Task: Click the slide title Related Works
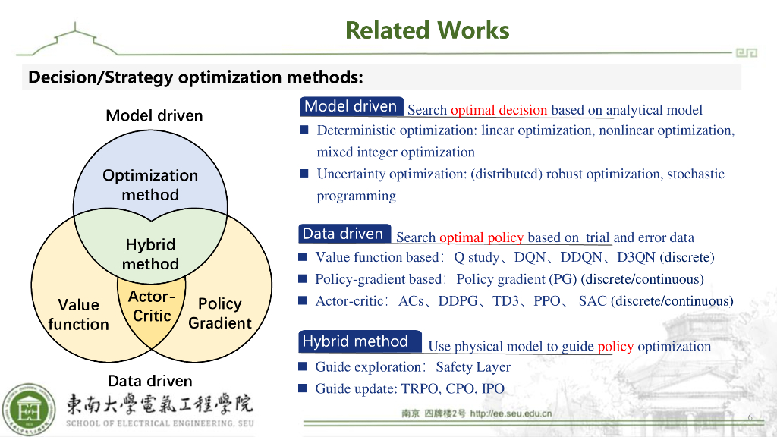427,30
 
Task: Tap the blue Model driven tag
351,107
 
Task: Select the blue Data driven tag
343,234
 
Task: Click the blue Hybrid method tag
355,341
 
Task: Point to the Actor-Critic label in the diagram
152,306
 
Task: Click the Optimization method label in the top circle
150,185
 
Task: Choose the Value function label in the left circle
78,314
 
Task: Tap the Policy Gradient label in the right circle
219,313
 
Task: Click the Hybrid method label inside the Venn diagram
150,254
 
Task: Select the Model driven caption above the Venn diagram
154,115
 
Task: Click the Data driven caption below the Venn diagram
149,381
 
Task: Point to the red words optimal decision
499,111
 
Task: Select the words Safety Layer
473,367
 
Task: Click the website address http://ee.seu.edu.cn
511,414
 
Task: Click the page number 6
750,418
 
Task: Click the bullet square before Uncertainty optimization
304,174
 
